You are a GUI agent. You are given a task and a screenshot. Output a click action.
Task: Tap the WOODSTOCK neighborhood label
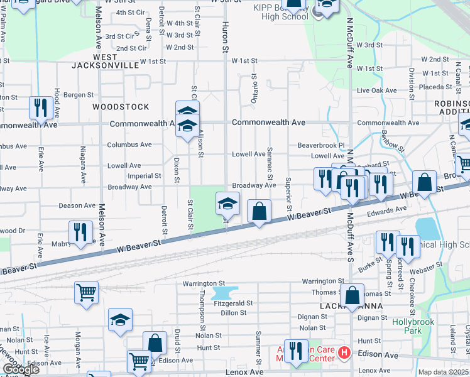[121, 107]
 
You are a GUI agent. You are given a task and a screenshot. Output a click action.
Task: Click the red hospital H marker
[344, 352]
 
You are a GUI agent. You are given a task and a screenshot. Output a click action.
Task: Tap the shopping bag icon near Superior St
[259, 212]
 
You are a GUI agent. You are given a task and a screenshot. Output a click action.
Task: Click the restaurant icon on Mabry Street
[80, 232]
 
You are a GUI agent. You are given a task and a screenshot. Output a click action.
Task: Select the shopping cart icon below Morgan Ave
[86, 292]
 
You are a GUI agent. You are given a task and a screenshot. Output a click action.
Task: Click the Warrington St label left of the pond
[204, 283]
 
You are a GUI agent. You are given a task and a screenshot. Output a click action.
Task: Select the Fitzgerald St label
[233, 303]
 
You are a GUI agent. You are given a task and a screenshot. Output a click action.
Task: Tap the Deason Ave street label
[77, 205]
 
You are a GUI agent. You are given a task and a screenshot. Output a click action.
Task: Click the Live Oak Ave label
[377, 90]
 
